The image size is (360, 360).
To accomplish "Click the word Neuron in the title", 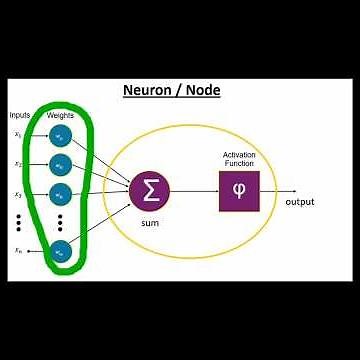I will click(x=147, y=91).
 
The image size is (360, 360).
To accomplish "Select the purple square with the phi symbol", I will click(x=238, y=190).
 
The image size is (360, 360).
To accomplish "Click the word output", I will click(x=300, y=202).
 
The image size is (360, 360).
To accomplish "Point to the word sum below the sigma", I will click(x=151, y=222).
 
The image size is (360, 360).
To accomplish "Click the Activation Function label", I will click(x=238, y=159).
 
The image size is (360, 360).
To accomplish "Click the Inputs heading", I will click(x=21, y=116).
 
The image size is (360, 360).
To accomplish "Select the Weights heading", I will click(x=61, y=116).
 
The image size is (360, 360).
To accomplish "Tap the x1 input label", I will click(x=19, y=133).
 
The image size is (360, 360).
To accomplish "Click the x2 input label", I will click(x=19, y=163).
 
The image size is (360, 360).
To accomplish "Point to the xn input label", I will click(x=19, y=251).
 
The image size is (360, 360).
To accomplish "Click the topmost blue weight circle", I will click(x=62, y=133).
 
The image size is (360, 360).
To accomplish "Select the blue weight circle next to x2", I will click(x=62, y=163).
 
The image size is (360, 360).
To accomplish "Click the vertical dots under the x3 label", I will click(x=19, y=222).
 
